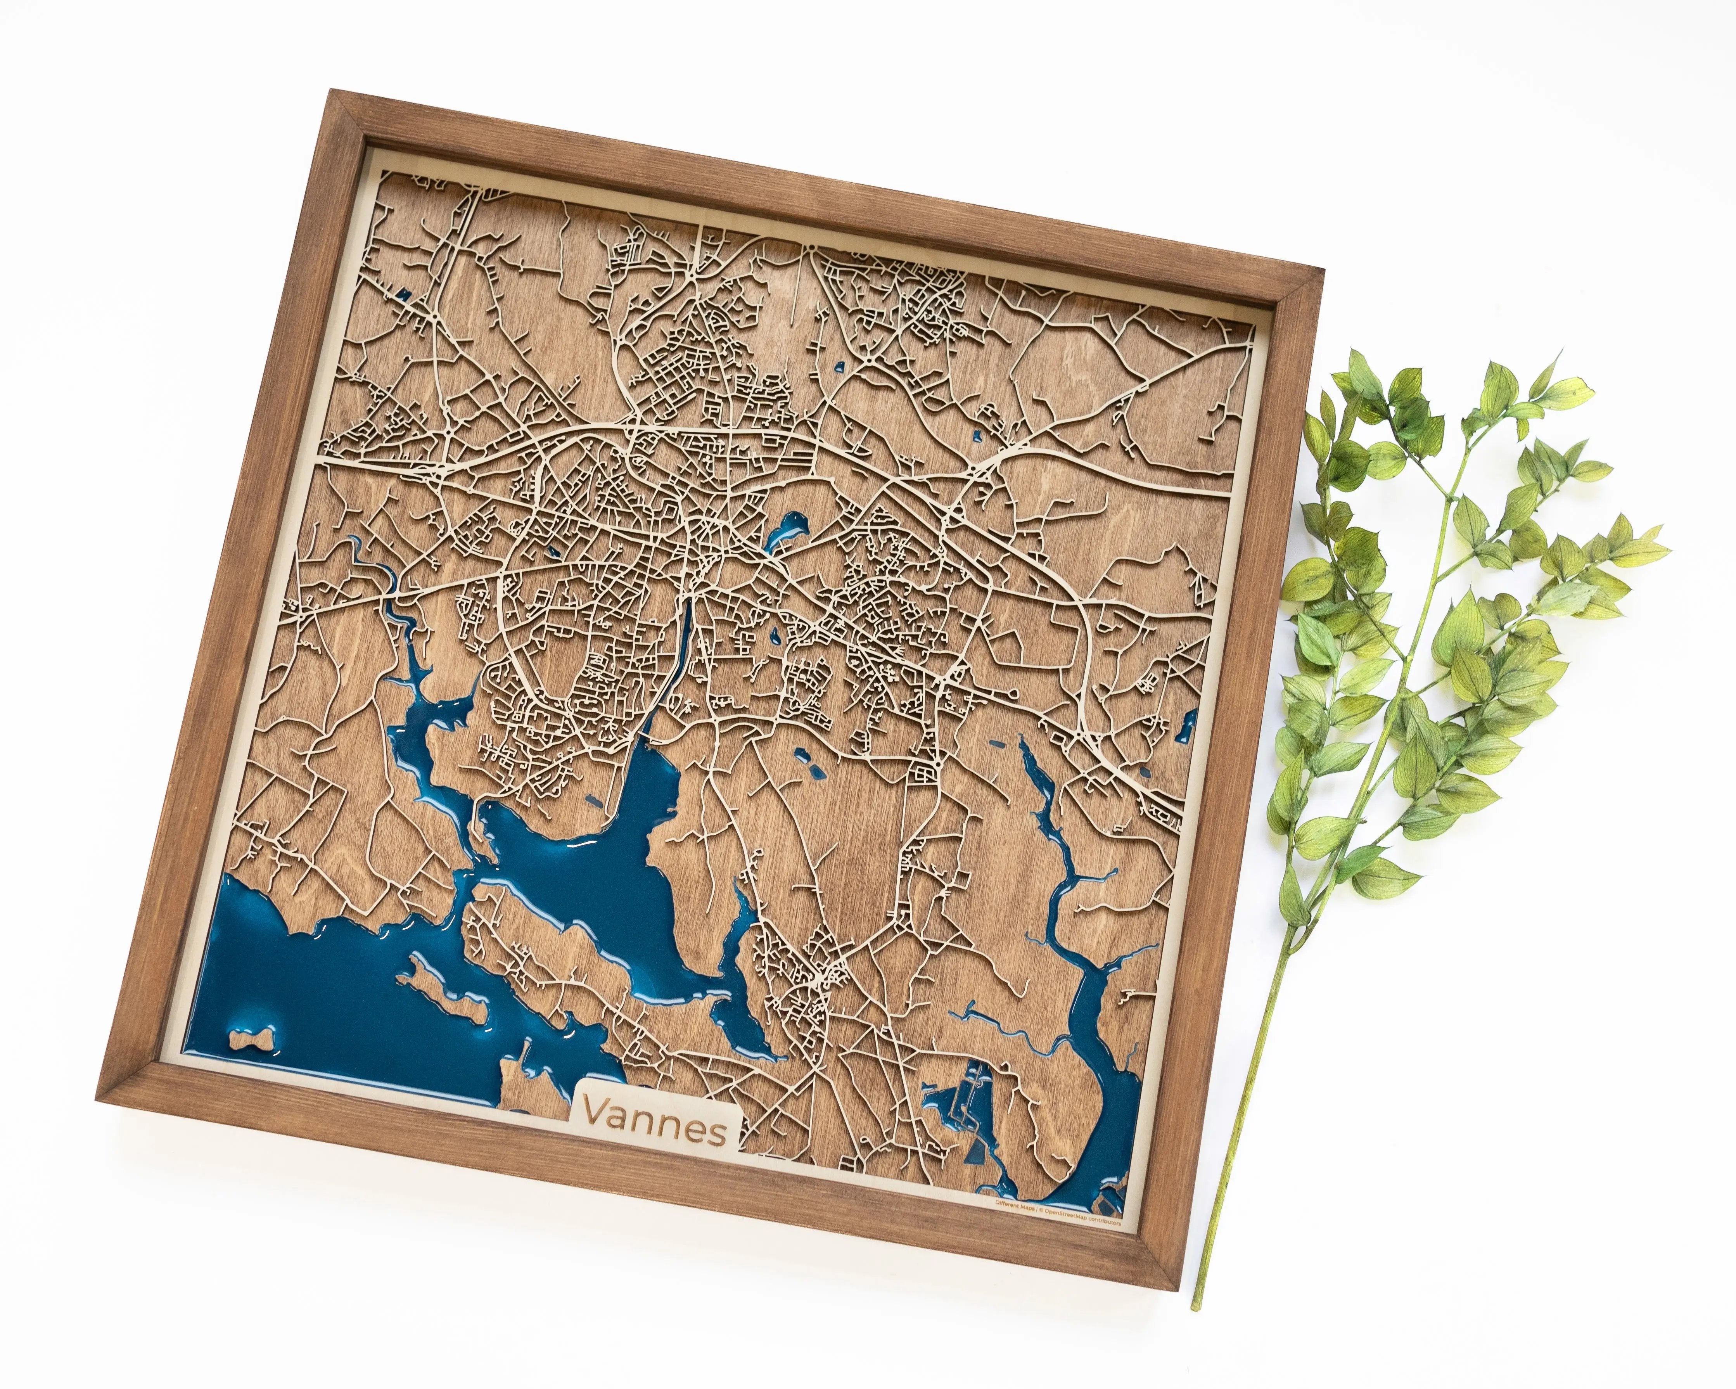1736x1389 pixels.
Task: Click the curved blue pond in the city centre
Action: point(785,531)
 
